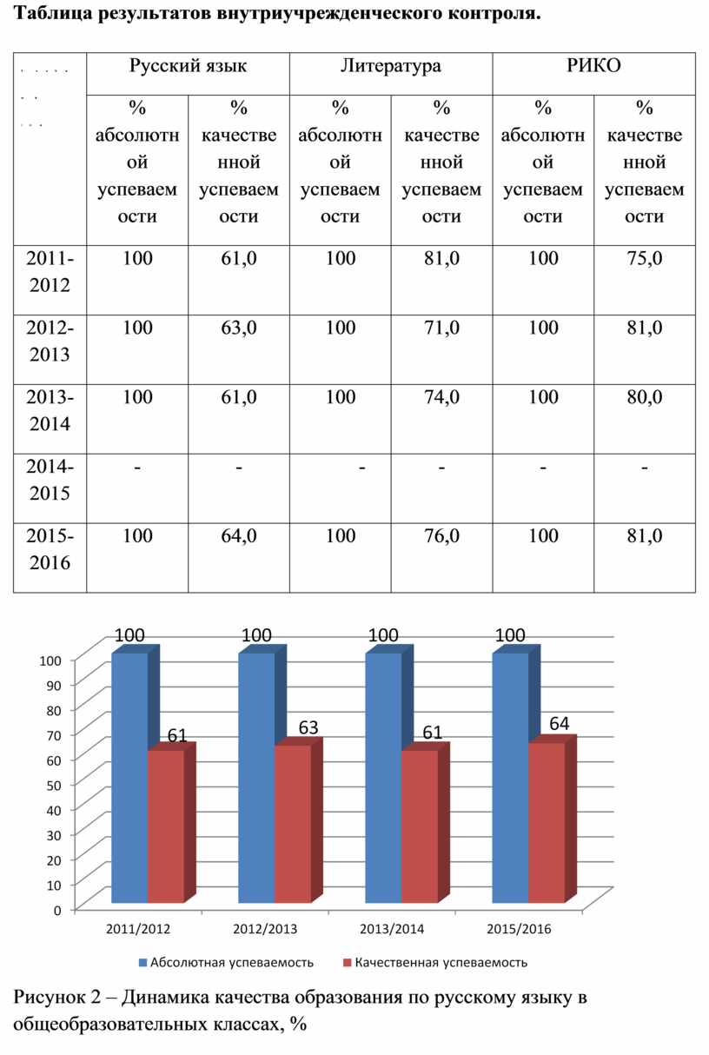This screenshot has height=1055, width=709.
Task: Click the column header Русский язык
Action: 188,66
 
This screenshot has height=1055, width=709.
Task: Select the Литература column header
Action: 391,66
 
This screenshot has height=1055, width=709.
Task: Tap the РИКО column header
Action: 594,66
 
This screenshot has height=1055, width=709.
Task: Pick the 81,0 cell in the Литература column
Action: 441,257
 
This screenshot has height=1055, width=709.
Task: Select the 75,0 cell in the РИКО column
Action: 644,257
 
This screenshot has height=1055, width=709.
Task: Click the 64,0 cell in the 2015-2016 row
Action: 239,535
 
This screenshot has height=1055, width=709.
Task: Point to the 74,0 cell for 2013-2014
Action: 441,396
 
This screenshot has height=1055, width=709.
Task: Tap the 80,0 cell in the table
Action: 644,396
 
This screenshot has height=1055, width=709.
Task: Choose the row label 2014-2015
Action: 50,480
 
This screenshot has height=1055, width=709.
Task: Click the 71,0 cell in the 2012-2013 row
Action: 441,327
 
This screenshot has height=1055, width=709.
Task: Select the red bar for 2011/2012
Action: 165,826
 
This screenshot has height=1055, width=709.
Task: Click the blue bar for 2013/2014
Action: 383,778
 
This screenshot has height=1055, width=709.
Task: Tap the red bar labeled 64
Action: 546,821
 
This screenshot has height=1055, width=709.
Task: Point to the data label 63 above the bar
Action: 308,728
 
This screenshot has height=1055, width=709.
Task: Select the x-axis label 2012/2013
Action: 265,929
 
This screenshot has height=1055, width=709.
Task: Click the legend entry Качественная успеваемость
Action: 441,962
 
